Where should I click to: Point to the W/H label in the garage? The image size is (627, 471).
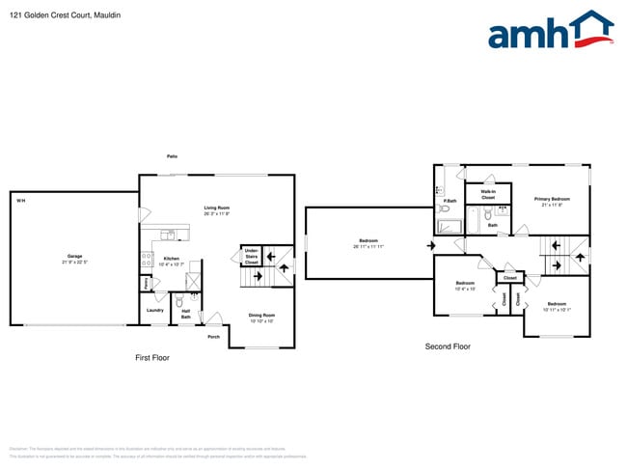20,201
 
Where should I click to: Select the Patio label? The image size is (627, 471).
172,155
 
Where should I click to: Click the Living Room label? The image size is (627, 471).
216,208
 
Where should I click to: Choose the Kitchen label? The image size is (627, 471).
171,258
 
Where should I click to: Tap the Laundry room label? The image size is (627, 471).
155,310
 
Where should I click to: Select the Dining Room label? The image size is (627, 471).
262,316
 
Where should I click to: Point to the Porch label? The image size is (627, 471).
212,337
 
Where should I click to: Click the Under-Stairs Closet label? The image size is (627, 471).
251,257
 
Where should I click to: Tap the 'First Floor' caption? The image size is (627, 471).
151,357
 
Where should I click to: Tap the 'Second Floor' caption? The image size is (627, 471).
448,346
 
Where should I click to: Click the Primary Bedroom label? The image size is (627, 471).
553,199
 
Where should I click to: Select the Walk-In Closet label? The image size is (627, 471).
488,194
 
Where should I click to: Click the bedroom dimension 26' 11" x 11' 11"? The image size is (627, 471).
368,247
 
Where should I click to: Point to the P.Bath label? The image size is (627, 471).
450,201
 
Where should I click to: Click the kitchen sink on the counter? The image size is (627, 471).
168,235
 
